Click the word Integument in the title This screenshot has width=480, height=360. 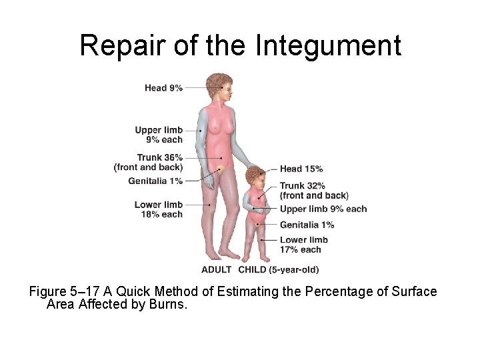328,45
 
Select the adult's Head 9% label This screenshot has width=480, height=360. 163,87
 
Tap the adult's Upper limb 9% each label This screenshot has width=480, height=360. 159,135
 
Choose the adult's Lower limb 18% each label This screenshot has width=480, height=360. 159,209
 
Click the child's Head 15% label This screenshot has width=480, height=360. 301,169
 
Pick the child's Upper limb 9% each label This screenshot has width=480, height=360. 323,209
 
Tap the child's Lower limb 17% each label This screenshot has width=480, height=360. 303,245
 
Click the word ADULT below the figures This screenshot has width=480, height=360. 217,270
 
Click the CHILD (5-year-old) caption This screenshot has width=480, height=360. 278,270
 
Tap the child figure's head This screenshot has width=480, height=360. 255,177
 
